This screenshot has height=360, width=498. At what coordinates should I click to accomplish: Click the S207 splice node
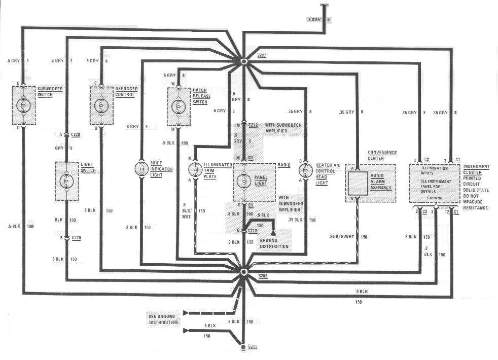[x=243, y=62]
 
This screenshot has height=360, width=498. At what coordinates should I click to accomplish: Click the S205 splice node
[x=243, y=272]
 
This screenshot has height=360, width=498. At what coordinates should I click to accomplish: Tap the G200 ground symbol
[x=243, y=347]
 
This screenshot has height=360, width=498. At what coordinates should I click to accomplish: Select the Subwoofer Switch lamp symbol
[x=23, y=105]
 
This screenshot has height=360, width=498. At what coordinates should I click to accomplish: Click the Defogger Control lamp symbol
[x=100, y=105]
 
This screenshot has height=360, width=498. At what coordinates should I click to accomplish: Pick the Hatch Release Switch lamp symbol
[x=179, y=106]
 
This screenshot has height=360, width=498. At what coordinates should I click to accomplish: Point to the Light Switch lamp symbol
[x=66, y=181]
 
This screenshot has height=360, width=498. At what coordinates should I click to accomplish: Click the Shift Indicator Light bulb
[x=141, y=169]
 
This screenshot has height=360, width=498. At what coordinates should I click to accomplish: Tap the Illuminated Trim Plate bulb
[x=195, y=169]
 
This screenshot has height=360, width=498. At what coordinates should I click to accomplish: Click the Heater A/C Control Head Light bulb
[x=305, y=169]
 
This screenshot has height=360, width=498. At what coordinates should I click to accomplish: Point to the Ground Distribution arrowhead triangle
[x=274, y=231]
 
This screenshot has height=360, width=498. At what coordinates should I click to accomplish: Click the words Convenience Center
[x=382, y=155]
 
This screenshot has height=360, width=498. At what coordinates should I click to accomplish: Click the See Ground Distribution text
[x=163, y=318]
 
